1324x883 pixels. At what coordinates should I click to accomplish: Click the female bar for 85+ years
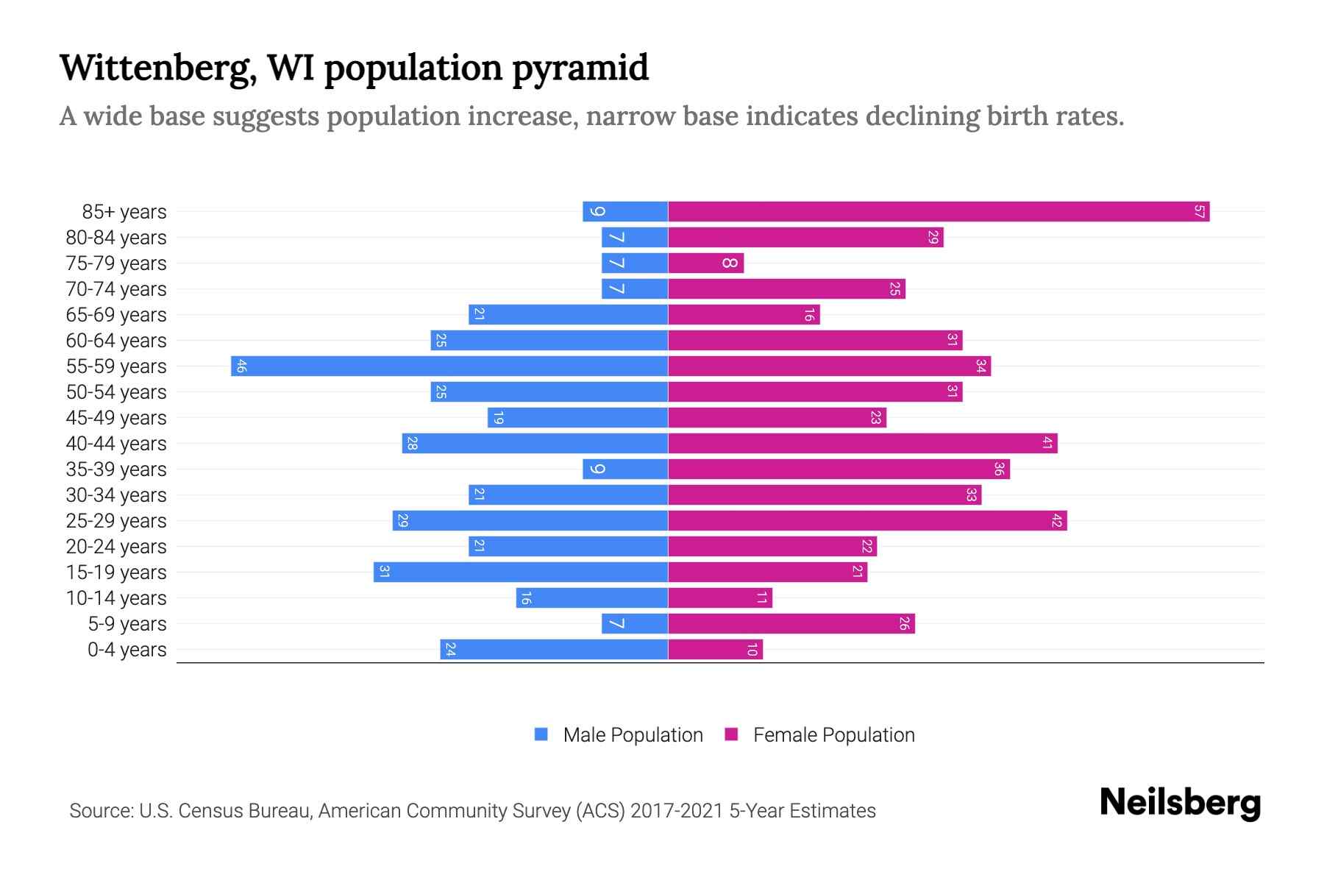(939, 212)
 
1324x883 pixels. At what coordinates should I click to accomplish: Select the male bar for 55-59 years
(449, 366)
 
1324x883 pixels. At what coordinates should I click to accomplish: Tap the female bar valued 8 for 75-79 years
(705, 263)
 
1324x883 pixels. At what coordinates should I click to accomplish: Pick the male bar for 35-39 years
(625, 469)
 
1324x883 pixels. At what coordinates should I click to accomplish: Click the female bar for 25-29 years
(867, 521)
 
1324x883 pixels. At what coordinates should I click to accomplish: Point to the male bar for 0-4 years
(554, 650)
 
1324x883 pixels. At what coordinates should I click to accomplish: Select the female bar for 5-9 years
(791, 624)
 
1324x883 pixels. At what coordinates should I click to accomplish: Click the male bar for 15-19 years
(520, 572)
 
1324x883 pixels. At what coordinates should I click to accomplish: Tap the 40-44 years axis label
(116, 444)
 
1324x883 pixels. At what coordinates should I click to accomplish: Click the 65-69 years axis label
(116, 315)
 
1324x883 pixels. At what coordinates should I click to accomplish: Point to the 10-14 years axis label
(116, 598)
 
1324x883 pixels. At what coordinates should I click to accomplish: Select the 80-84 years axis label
(116, 238)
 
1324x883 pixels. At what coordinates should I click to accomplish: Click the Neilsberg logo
(1180, 803)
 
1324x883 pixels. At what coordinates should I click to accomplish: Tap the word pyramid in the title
(580, 68)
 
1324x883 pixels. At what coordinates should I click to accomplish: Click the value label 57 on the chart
(1199, 212)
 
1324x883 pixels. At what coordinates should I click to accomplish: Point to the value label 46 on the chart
(241, 366)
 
